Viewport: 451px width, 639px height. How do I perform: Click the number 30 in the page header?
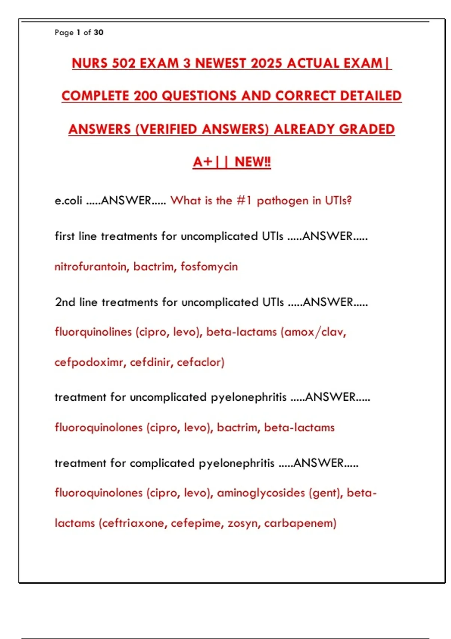[x=98, y=32]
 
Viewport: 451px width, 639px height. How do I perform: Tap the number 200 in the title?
[x=145, y=96]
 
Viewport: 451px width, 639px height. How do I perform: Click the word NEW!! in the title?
[x=253, y=162]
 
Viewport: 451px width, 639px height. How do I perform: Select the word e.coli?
[x=68, y=200]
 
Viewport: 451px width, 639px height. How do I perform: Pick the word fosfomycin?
[x=209, y=267]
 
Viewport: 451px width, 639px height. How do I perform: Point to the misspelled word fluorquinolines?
[x=93, y=332]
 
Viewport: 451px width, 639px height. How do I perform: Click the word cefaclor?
[x=200, y=362]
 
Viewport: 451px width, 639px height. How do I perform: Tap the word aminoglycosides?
[x=261, y=493]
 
